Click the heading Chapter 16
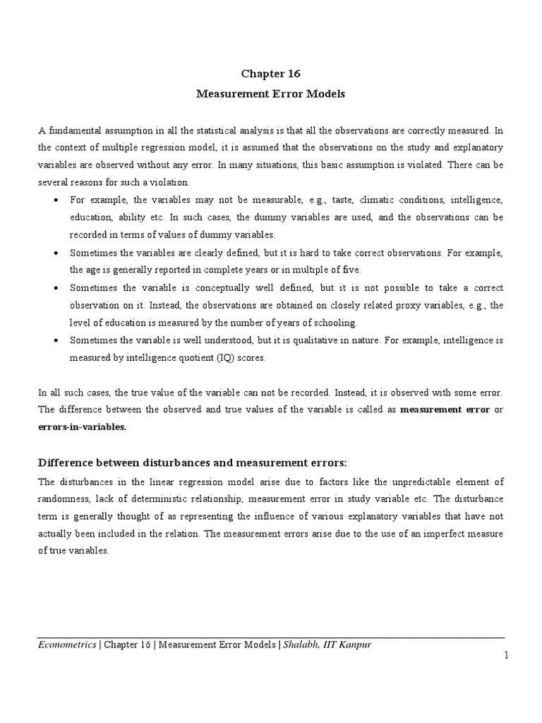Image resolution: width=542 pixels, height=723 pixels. coord(271,73)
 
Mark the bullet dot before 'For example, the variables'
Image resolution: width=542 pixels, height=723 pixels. coord(56,201)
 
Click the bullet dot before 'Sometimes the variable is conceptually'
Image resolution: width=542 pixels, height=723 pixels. coord(56,288)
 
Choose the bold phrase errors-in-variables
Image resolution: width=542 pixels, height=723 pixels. coord(82,427)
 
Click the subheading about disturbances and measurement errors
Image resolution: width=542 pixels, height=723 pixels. coord(192,462)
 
